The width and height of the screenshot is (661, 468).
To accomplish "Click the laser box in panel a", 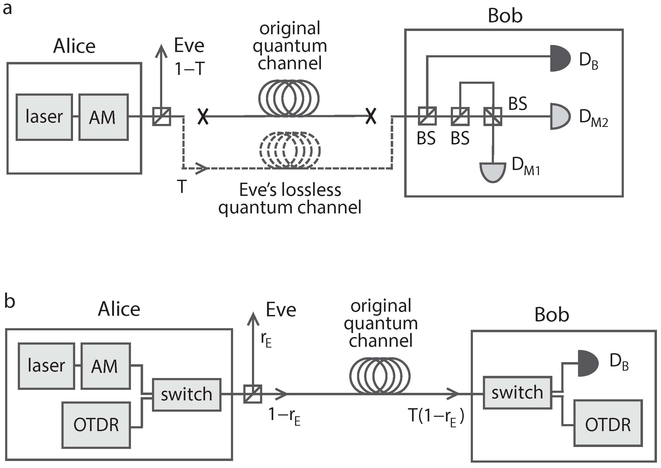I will tap(44, 117).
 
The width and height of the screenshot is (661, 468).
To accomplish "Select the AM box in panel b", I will tap(105, 366).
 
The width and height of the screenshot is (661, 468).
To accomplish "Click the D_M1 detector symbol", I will tap(493, 172).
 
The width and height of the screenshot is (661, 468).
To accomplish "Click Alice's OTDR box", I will tap(96, 425).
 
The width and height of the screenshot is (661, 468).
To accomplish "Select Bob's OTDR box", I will tap(608, 423).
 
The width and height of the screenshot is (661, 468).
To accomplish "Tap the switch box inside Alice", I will tap(186, 394).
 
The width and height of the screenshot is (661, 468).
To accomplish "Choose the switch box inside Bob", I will tap(517, 393).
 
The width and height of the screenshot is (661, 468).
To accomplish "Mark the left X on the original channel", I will tap(203, 116).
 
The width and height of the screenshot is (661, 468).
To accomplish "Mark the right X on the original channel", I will tap(371, 116).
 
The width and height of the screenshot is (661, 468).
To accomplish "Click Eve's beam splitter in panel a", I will tap(161, 116).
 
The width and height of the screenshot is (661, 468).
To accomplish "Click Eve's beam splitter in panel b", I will tap(253, 394).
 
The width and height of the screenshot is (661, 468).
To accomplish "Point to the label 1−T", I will tap(190, 69).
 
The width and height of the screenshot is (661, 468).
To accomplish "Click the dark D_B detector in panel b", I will tap(587, 363).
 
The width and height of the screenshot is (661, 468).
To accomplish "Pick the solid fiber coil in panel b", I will tap(380, 376).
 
